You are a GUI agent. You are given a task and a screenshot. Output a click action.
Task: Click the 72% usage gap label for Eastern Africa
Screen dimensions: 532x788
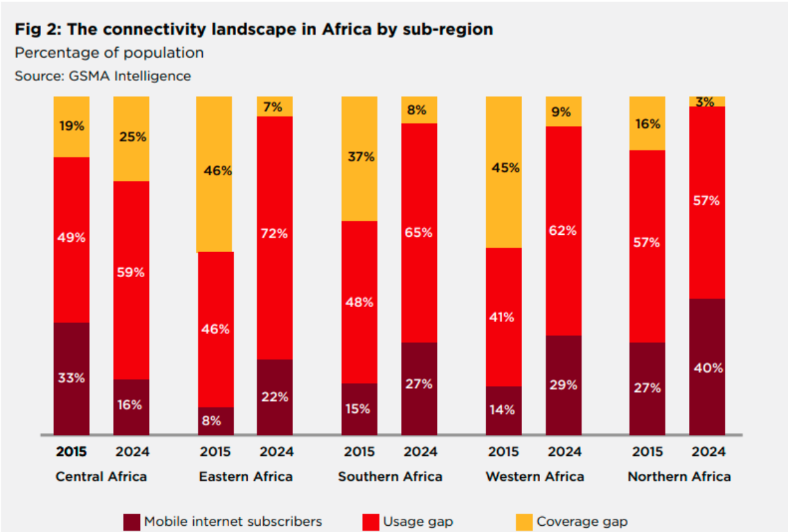tap(275, 233)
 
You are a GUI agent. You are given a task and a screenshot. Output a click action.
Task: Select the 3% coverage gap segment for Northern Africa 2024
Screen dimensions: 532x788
tap(707, 101)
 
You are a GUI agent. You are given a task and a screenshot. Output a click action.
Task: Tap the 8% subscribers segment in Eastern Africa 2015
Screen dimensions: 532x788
tap(215, 420)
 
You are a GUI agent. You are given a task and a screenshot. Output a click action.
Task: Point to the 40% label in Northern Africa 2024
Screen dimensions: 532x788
tap(707, 368)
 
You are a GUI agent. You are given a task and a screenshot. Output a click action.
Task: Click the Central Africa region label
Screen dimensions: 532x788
tap(101, 477)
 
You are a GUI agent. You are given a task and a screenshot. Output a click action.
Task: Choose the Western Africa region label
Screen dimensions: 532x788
tap(535, 477)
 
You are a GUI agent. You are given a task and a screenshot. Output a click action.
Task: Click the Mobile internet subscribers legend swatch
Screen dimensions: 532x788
tap(132, 522)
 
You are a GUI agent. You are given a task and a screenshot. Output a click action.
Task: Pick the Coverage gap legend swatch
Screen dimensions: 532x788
tap(524, 522)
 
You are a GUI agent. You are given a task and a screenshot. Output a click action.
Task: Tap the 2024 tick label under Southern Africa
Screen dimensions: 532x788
tap(419, 452)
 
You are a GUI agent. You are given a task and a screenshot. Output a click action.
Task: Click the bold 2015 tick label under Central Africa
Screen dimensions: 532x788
tap(71, 452)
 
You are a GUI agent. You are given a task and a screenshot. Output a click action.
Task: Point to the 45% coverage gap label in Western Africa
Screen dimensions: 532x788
tap(504, 168)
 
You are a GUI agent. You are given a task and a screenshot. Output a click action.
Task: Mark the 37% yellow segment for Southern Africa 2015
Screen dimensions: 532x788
tap(359, 158)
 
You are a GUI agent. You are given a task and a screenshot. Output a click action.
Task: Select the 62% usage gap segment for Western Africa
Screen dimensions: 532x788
tap(563, 231)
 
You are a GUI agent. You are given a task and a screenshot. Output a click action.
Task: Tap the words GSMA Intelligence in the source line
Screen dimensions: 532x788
tap(129, 76)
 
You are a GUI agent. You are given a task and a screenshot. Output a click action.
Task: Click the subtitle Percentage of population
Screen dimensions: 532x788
tap(109, 53)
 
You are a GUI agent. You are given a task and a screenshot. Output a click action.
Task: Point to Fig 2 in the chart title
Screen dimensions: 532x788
tap(35, 30)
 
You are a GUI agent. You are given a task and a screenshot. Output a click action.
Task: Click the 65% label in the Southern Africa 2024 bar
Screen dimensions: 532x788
tap(419, 233)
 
